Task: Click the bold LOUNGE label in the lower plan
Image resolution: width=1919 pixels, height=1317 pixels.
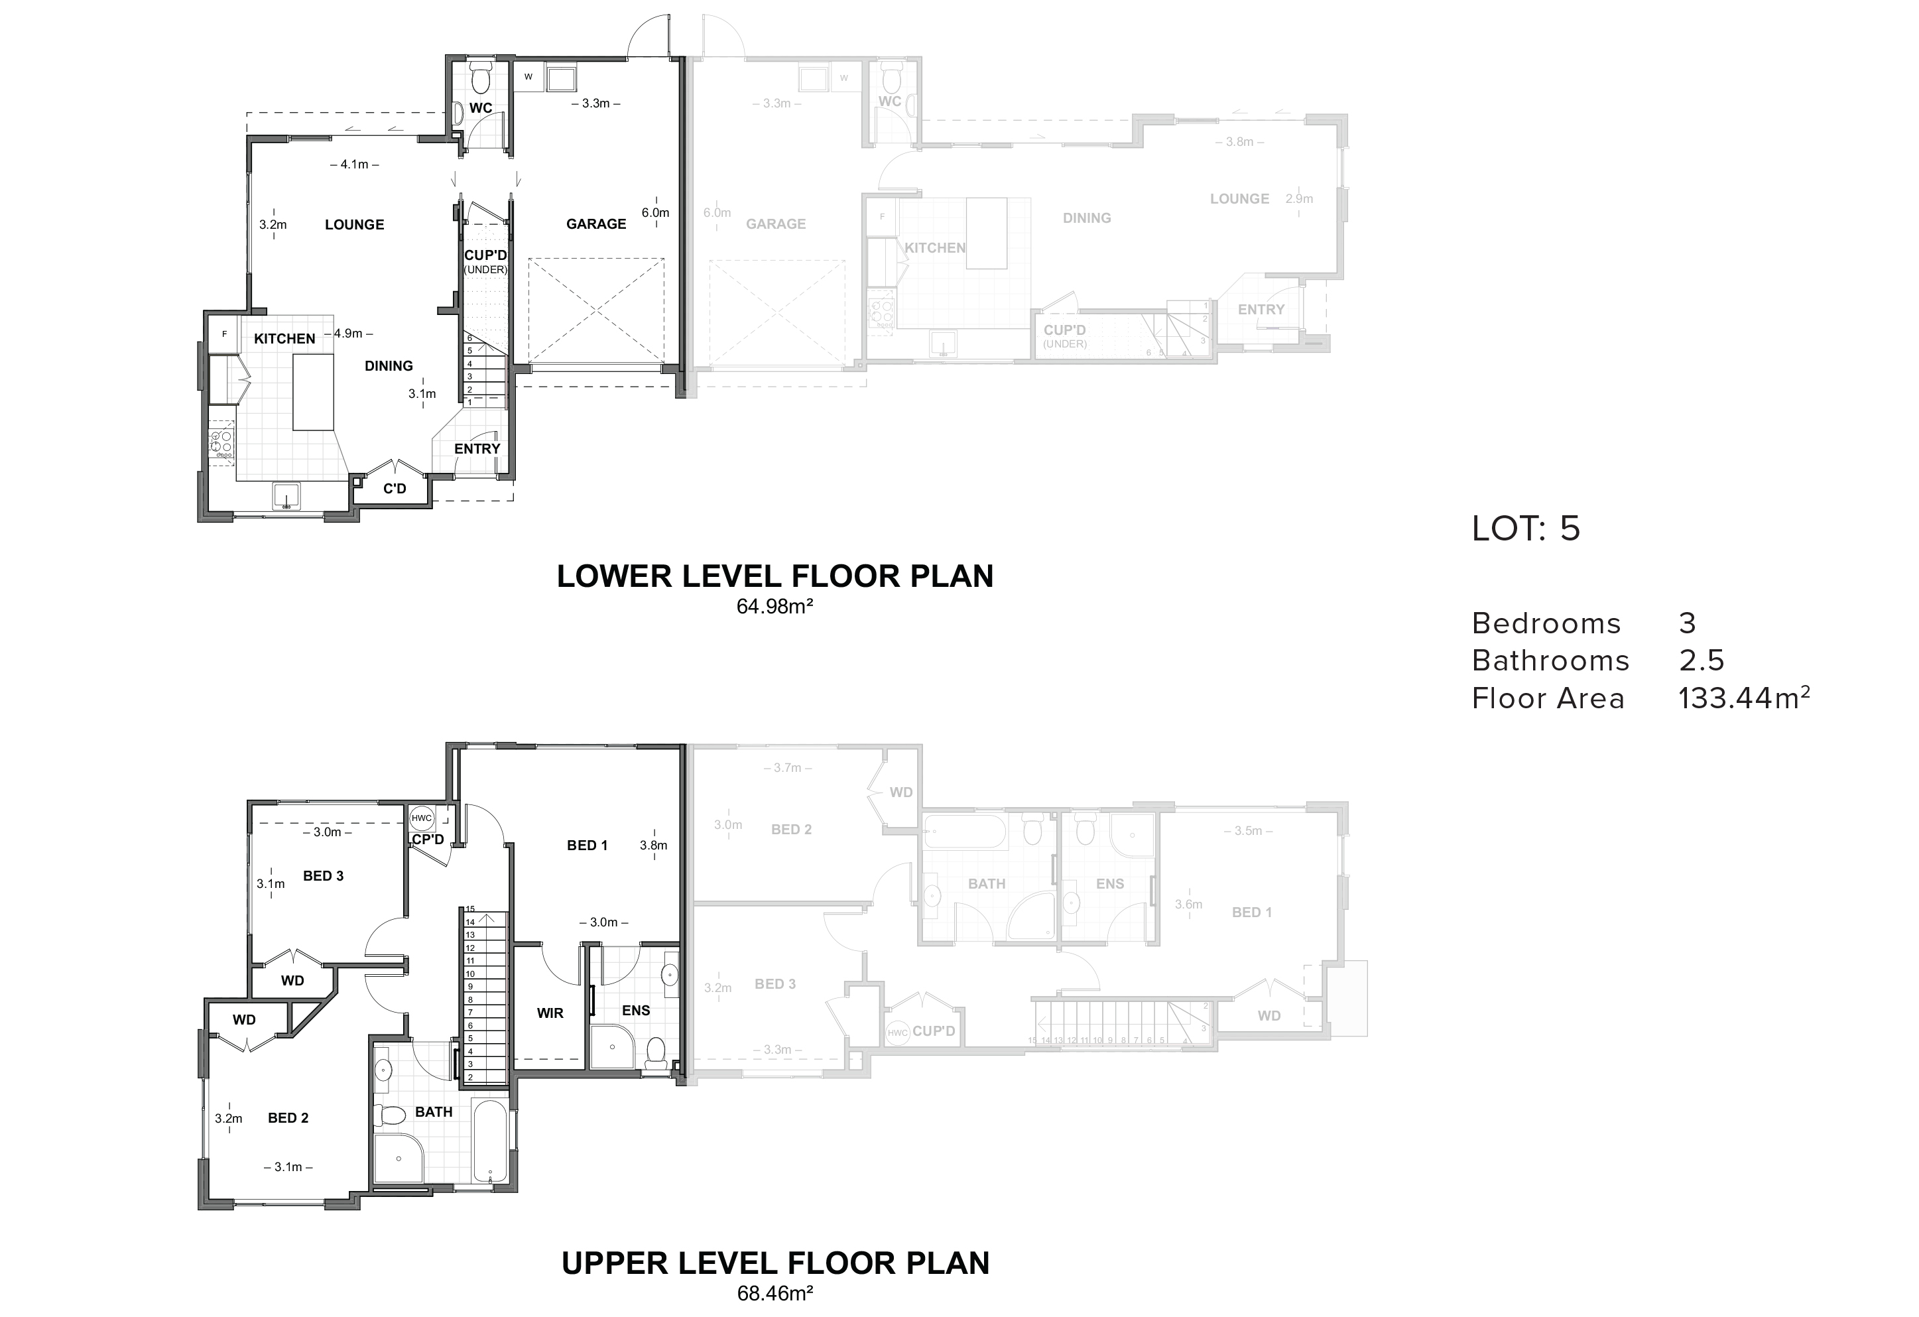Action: coord(354,225)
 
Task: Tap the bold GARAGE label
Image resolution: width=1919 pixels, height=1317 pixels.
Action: coord(596,223)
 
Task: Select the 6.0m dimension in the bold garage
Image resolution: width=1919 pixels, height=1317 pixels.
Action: coord(656,212)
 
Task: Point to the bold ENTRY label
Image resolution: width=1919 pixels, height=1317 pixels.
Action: coord(477,448)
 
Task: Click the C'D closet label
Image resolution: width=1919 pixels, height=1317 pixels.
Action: coord(395,488)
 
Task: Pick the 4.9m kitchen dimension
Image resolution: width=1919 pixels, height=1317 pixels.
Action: coord(349,334)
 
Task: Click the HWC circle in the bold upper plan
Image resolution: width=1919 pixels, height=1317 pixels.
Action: coord(422,818)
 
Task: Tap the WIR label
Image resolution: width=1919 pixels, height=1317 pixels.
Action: coord(550,1013)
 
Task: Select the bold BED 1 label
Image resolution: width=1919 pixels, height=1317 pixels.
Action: coord(587,846)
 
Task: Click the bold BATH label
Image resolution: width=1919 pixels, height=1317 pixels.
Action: coord(434,1112)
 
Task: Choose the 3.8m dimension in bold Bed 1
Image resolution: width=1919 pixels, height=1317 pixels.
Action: coord(653,846)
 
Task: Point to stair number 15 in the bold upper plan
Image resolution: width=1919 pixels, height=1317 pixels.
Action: coord(471,909)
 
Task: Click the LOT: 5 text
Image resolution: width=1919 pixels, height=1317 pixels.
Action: coord(1526,529)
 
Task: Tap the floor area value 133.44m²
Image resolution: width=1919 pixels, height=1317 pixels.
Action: coord(1744,698)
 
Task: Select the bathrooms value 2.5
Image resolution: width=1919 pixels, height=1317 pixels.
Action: coord(1702,660)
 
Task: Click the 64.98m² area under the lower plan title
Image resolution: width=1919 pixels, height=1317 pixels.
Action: coord(775,606)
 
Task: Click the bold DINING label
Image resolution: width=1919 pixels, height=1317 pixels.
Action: coord(389,366)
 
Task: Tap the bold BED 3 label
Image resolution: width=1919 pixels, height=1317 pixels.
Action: coord(323,875)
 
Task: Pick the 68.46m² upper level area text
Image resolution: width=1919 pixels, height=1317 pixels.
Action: coord(775,1293)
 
